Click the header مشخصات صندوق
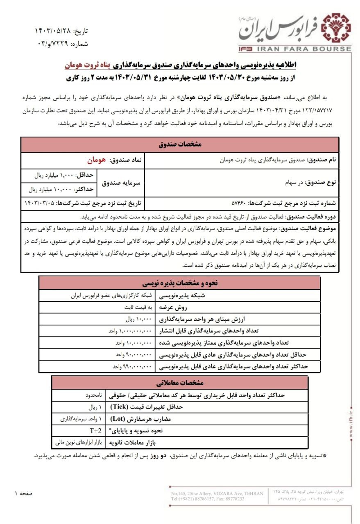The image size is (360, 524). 180,145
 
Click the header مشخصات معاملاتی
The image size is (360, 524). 180,383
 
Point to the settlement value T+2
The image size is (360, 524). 95,431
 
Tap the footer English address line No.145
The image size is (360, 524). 217,494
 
